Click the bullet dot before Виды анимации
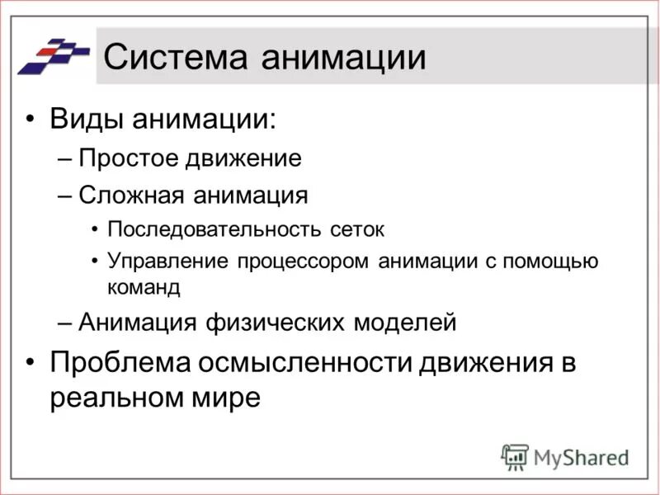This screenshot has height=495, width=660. (31, 120)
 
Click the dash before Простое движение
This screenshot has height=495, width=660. (68, 159)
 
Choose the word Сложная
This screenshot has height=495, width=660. (132, 196)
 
